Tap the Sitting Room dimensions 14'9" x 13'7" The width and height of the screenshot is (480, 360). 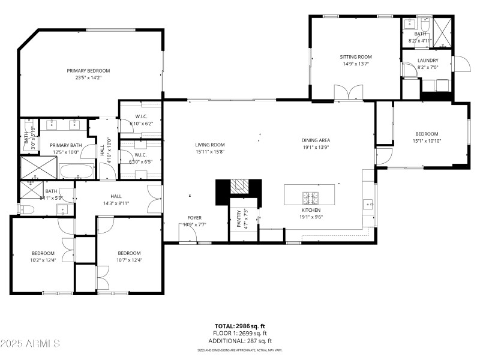pyautogui.click(x=356, y=64)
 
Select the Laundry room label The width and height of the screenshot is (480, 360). pyautogui.click(x=428, y=60)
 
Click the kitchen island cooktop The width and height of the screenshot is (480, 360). pyautogui.click(x=311, y=196)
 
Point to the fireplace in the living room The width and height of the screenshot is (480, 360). pyautogui.click(x=239, y=187)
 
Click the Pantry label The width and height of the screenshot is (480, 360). pyautogui.click(x=238, y=218)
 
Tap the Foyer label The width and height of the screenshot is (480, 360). pyautogui.click(x=194, y=218)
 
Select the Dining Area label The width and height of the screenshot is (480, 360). pyautogui.click(x=316, y=140)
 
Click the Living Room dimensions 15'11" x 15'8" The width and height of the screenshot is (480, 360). pyautogui.click(x=209, y=152)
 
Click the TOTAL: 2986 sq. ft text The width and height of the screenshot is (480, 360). pyautogui.click(x=240, y=326)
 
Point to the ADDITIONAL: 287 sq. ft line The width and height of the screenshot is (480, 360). pyautogui.click(x=240, y=340)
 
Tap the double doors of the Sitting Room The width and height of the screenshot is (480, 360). pyautogui.click(x=348, y=92)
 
